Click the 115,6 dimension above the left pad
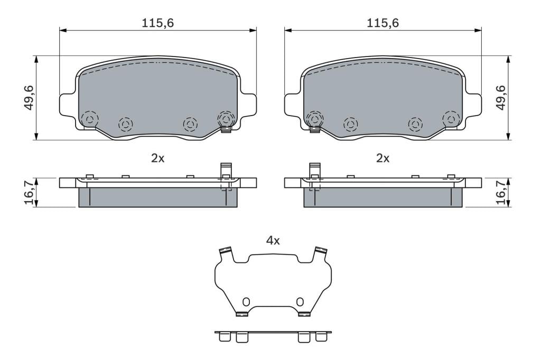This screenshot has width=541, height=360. pyautogui.click(x=158, y=23)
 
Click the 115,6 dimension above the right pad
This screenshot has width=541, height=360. pyautogui.click(x=383, y=23)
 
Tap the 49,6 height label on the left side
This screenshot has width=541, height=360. pyautogui.click(x=30, y=98)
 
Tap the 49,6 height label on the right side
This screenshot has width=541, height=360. pyautogui.click(x=500, y=98)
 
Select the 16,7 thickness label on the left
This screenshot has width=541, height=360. pyautogui.click(x=30, y=192)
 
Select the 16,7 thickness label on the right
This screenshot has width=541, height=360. pyautogui.click(x=500, y=192)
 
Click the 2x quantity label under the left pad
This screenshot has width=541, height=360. pyautogui.click(x=158, y=158)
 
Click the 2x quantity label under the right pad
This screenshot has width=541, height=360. pyautogui.click(x=383, y=158)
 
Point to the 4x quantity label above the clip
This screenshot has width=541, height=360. pyautogui.click(x=273, y=240)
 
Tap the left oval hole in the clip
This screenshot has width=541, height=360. pyautogui.click(x=246, y=302)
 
